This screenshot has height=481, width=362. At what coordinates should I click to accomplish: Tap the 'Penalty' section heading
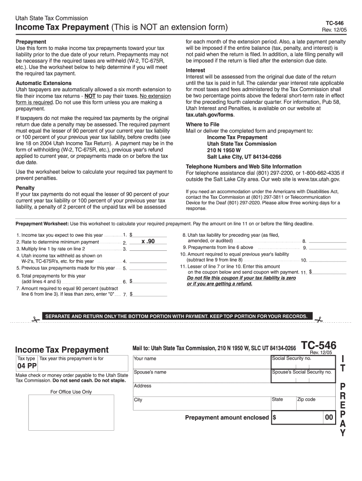(25, 188)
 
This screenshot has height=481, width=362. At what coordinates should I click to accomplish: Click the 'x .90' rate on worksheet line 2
(148, 241)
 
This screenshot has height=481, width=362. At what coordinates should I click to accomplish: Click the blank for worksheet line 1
(150, 234)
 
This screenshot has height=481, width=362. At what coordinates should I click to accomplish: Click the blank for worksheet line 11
(330, 272)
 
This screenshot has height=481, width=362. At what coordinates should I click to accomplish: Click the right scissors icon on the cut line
(319, 320)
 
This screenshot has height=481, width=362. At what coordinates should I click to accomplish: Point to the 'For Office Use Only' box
(71, 412)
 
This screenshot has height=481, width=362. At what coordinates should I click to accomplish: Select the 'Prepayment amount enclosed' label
(227, 418)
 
